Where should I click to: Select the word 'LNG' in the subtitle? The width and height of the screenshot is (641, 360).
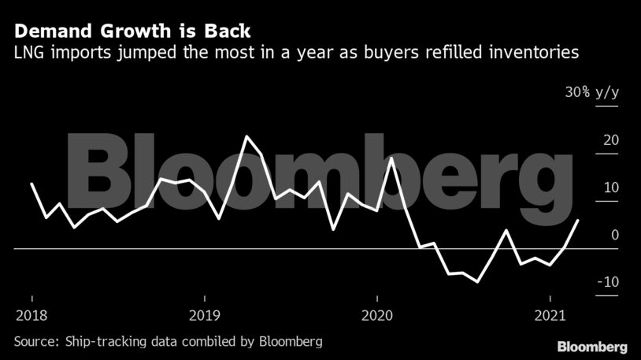coord(28,54)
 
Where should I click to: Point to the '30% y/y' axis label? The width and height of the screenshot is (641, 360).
coord(591,92)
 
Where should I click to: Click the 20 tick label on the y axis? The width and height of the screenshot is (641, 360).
coord(610,140)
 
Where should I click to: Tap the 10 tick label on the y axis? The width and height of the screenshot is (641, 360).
coord(610,187)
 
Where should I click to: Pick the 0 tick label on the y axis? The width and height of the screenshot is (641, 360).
coord(615,235)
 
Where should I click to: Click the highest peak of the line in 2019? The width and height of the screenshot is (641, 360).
coord(247,136)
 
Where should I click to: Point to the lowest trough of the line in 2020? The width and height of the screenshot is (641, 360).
coord(477,281)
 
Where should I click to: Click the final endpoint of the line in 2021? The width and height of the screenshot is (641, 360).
coord(579,221)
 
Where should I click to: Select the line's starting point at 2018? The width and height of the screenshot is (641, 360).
coord(31,184)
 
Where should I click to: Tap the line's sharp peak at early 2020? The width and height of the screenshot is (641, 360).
coord(391,158)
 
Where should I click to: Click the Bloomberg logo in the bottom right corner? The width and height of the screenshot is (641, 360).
coord(592,347)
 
